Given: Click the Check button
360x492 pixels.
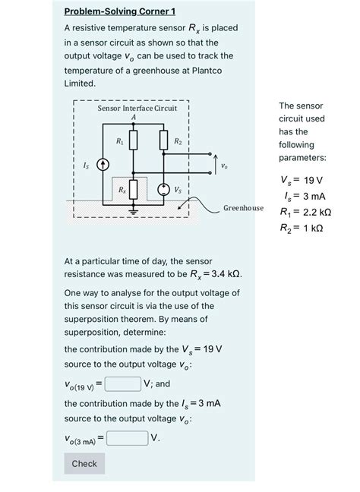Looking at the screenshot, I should click(84, 463).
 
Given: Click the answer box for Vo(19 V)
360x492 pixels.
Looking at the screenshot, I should click(122, 383).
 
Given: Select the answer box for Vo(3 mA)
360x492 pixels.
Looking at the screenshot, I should click(127, 437).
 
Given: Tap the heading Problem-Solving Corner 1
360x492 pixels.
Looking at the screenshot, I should click(119, 11).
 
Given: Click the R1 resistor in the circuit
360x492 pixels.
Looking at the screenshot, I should click(133, 140).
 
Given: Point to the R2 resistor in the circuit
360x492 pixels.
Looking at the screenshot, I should click(163, 140).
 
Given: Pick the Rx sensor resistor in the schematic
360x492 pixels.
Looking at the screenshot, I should click(134, 189).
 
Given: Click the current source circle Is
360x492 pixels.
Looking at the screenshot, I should click(103, 165).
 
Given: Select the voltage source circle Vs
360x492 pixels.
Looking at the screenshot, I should click(163, 189).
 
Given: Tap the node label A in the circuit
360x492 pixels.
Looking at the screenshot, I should click(134, 117).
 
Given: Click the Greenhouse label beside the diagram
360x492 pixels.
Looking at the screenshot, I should click(243, 207).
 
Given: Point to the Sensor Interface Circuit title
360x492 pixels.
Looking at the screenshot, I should click(137, 109).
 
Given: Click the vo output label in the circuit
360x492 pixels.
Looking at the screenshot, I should click(223, 165).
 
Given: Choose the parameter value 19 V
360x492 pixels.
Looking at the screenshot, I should click(313, 180).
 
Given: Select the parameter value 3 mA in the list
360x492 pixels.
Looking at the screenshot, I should click(312, 196).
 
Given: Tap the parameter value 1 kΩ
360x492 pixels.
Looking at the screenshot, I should click(308, 228).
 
